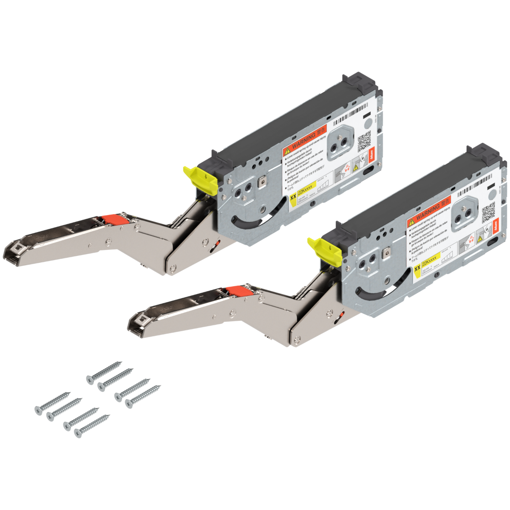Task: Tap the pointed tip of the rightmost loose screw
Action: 160,386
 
